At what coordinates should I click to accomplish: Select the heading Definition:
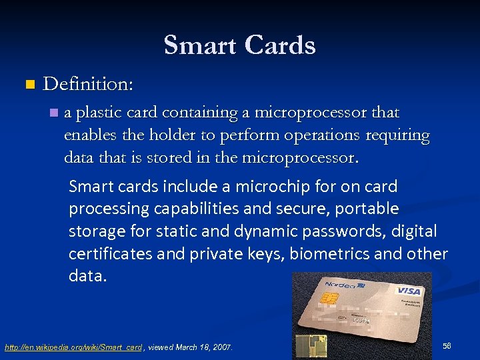[x=88, y=85]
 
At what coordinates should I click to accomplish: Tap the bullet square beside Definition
[x=28, y=85]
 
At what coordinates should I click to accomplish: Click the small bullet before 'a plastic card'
[x=53, y=113]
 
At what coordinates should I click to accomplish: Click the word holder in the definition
[x=156, y=135]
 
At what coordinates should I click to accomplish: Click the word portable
[x=367, y=209]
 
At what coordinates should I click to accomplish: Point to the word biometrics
[x=327, y=254]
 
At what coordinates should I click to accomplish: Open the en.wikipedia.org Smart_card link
[x=73, y=347]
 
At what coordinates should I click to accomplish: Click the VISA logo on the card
[x=409, y=291]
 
